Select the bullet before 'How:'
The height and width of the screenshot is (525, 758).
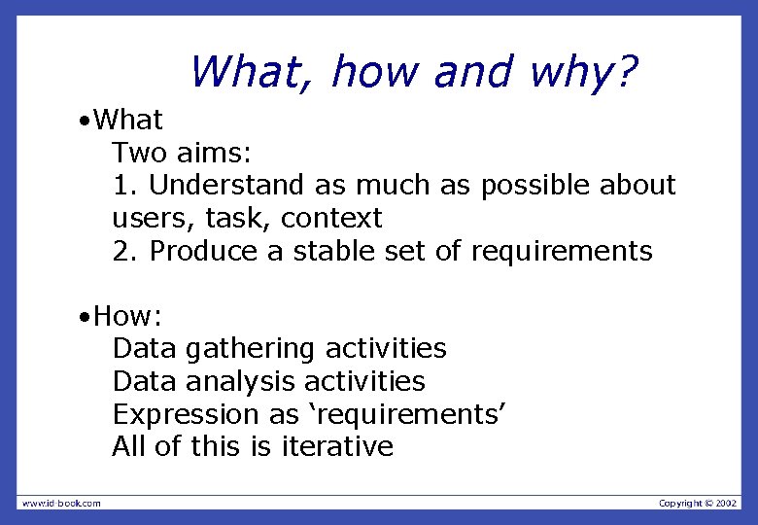tap(87, 317)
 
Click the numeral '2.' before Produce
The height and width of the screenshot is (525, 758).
tap(126, 251)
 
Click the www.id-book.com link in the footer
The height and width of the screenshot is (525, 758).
tap(61, 503)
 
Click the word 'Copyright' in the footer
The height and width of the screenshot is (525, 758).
tap(680, 503)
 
